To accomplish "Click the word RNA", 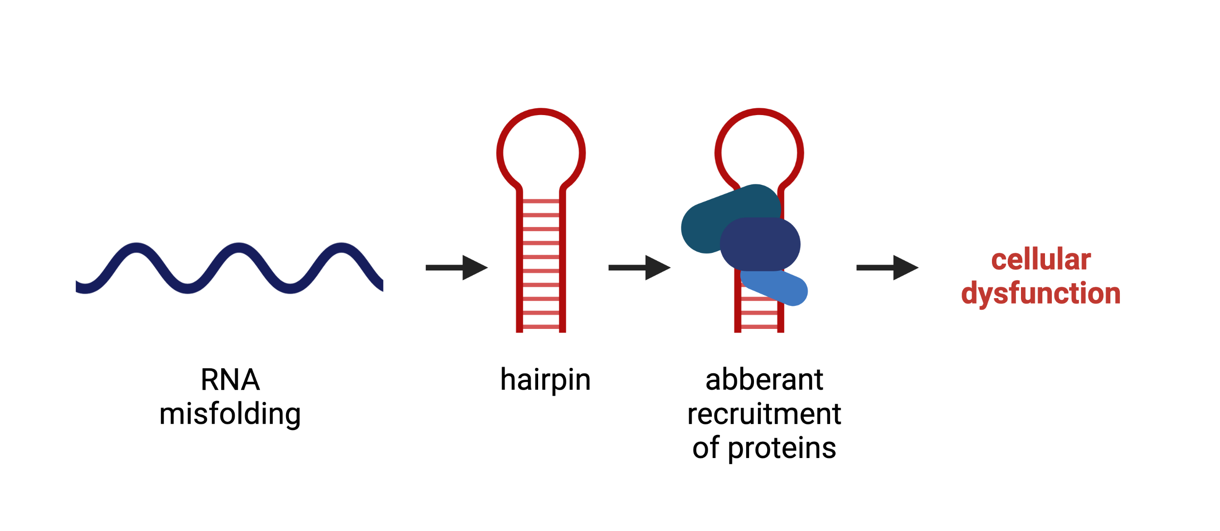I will (x=230, y=380).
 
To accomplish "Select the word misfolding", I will (x=230, y=414).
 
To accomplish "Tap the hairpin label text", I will (x=545, y=380).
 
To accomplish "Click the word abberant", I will (x=764, y=380).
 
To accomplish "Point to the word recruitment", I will (x=764, y=414).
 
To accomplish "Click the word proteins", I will (x=782, y=448).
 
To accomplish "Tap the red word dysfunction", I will (x=1041, y=294).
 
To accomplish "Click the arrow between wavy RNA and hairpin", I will (x=457, y=268).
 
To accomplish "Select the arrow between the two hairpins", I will (x=639, y=268).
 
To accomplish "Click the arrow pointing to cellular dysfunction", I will (x=887, y=268).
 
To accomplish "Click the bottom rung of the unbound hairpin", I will (x=541, y=327).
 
